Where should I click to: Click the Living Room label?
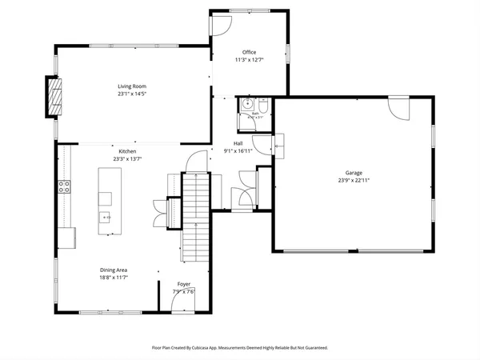[132, 86]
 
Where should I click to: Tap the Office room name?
[250, 52]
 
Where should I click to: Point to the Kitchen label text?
[128, 151]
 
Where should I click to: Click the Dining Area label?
[114, 270]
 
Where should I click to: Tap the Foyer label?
[184, 284]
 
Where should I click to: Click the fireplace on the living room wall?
[54, 98]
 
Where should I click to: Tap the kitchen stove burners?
[64, 188]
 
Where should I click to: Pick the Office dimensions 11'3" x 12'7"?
[250, 59]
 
